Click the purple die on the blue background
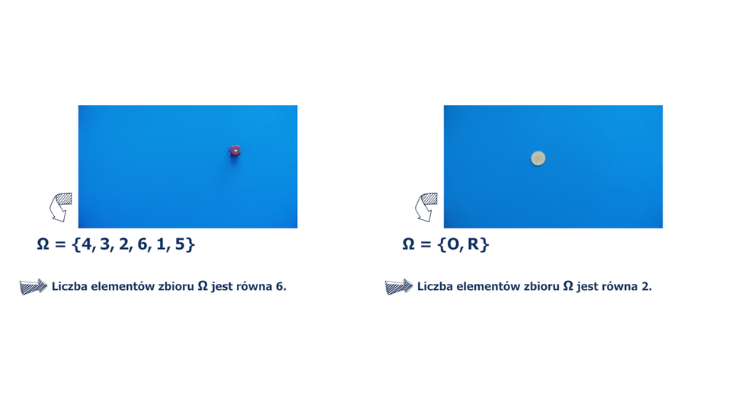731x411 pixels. (235, 151)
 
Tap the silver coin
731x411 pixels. (538, 158)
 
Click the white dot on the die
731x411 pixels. (235, 150)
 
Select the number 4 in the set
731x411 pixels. (86, 244)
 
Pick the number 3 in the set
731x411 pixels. (105, 244)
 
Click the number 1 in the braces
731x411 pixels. (161, 244)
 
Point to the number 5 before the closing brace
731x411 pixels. (180, 244)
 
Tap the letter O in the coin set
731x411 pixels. (452, 244)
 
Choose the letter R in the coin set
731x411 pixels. (473, 244)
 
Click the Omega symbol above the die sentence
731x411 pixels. (43, 244)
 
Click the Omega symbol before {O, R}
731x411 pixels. (408, 244)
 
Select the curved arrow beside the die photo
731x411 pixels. (61, 207)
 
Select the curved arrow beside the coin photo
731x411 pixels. (426, 207)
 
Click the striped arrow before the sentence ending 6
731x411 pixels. (34, 286)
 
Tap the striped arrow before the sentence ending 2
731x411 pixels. (399, 286)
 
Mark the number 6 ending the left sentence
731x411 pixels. (279, 286)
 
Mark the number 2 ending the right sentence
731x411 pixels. (645, 286)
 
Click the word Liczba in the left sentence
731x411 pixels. (69, 286)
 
